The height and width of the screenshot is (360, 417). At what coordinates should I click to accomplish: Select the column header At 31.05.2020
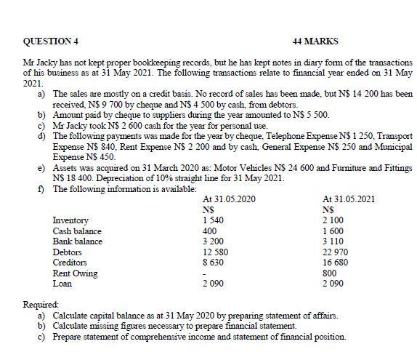(x=230, y=199)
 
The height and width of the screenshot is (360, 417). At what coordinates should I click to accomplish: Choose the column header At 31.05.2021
(x=347, y=199)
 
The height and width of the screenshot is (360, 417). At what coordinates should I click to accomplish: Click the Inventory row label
(x=70, y=220)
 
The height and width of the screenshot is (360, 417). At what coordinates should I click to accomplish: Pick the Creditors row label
(x=70, y=263)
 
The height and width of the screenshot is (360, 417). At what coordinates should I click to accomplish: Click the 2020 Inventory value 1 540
(x=214, y=220)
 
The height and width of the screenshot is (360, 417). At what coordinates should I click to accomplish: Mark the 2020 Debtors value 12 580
(x=216, y=252)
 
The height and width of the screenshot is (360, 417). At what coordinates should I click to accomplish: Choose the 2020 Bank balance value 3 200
(x=214, y=241)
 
